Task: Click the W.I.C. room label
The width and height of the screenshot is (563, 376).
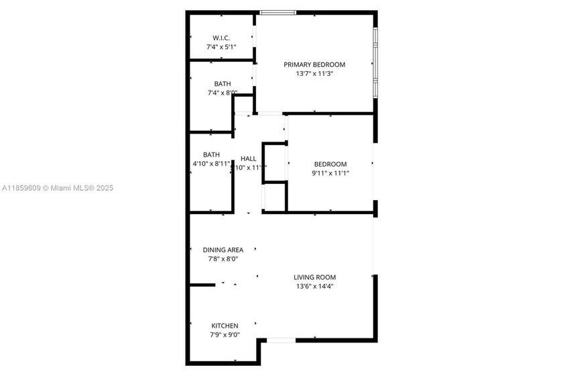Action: pyautogui.click(x=222, y=38)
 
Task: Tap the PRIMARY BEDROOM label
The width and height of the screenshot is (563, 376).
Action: pyautogui.click(x=314, y=65)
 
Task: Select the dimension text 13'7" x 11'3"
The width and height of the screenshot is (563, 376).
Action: pyautogui.click(x=314, y=74)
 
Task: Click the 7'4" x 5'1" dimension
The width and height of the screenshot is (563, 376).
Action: pyautogui.click(x=222, y=47)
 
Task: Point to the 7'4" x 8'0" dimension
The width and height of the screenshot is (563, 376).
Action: pyautogui.click(x=222, y=93)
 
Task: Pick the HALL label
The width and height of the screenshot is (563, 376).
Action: pyautogui.click(x=249, y=159)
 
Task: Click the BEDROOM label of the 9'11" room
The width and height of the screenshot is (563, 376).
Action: pyautogui.click(x=330, y=164)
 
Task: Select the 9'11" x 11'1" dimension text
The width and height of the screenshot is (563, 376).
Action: pyautogui.click(x=330, y=173)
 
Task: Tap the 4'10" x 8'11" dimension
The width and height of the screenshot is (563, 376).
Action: pyautogui.click(x=211, y=163)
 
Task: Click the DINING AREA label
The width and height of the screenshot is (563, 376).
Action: pyautogui.click(x=223, y=250)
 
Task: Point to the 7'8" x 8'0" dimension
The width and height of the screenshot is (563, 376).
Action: pyautogui.click(x=223, y=258)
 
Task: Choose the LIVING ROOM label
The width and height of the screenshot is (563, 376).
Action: pyautogui.click(x=314, y=277)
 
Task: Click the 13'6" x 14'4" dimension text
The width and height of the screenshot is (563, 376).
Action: pyautogui.click(x=314, y=286)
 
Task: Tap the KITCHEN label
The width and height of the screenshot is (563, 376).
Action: pyautogui.click(x=225, y=326)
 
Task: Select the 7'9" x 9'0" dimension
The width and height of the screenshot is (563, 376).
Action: pyautogui.click(x=225, y=334)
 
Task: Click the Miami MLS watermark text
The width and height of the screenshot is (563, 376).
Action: pyautogui.click(x=58, y=188)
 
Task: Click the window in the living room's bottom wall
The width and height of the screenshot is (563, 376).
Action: pyautogui.click(x=281, y=340)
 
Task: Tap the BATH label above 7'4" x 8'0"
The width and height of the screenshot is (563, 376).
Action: pyautogui.click(x=223, y=84)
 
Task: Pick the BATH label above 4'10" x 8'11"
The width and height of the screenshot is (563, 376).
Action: pyautogui.click(x=211, y=154)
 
